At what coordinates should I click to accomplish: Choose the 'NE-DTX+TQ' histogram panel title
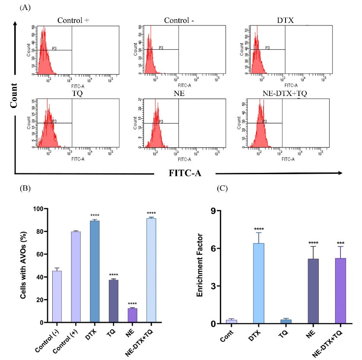(x=274, y=93)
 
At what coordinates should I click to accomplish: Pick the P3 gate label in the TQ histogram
(x=55, y=121)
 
